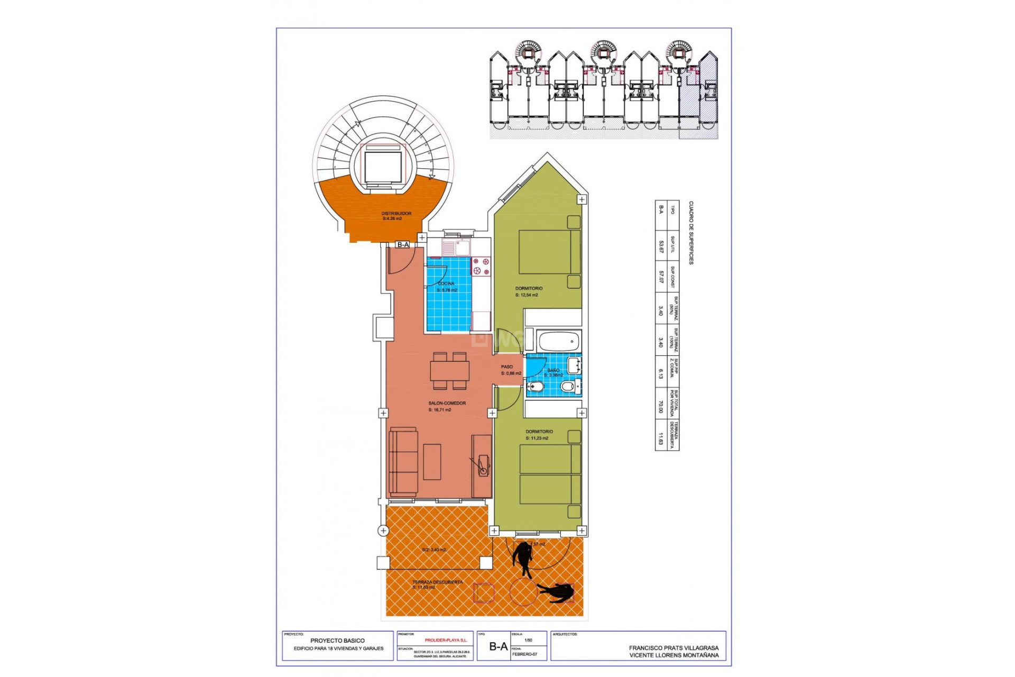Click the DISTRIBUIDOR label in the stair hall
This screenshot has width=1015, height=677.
point(396,214)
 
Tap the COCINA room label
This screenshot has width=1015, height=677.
point(446,283)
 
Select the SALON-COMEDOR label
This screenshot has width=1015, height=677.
point(447,403)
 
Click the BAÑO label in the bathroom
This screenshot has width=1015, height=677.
point(553,370)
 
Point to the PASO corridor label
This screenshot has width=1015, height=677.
point(506,367)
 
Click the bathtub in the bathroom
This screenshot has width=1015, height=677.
point(559,342)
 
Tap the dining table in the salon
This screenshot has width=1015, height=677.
point(449,371)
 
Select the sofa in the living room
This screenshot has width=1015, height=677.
point(403,462)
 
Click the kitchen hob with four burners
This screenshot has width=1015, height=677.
point(481,266)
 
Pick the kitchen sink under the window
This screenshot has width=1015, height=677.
point(455,247)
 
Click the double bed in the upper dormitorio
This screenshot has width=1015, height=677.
point(549,252)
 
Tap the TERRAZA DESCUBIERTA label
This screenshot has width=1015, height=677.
point(437,582)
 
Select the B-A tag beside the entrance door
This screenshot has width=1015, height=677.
point(403,244)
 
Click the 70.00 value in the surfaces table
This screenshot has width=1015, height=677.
point(660,406)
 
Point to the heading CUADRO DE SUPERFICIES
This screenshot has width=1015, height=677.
point(691,233)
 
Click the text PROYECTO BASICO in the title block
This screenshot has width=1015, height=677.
point(337,641)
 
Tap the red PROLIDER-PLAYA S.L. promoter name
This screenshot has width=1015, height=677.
point(446,640)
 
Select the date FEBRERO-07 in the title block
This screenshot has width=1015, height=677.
point(524,654)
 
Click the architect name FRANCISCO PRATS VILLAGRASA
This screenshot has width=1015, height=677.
point(673,647)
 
